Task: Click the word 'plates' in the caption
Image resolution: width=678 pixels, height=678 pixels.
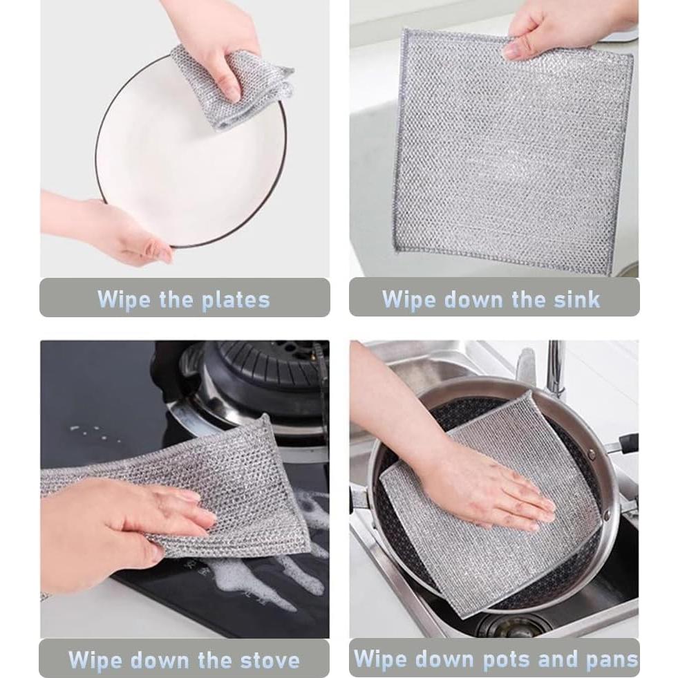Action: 236,300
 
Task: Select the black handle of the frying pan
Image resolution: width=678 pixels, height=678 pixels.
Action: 625,442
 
